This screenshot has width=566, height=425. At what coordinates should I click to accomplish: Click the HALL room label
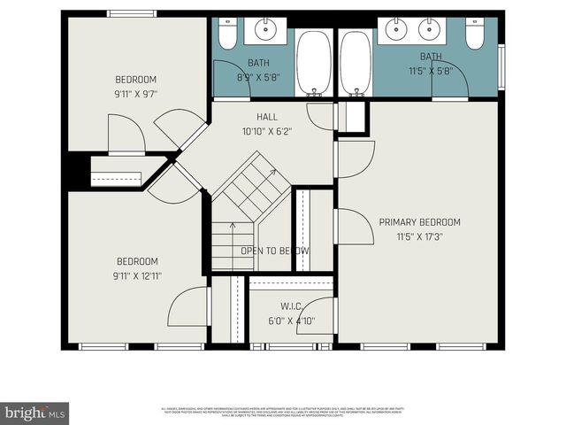click(266, 117)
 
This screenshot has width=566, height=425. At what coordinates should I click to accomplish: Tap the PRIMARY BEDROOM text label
click(419, 222)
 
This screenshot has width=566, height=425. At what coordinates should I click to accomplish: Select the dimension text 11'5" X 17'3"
click(419, 236)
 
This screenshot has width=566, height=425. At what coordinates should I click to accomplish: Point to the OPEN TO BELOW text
click(275, 251)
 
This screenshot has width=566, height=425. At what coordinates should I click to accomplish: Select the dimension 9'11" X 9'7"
click(134, 92)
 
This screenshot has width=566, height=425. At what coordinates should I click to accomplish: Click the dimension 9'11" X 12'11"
click(137, 275)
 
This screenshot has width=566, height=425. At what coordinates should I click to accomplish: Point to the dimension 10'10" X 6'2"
click(266, 131)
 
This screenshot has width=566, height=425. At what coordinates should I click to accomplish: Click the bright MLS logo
click(35, 413)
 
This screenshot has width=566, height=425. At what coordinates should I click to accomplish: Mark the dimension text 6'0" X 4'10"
click(290, 321)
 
